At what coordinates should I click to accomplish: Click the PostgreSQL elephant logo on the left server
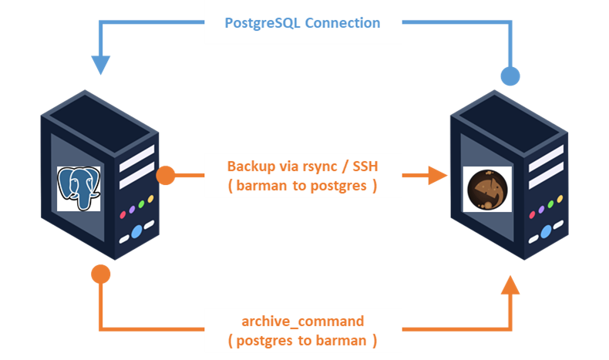(x=79, y=188)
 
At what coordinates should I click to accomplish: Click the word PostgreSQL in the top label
(x=263, y=22)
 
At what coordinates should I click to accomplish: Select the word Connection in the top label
(x=343, y=22)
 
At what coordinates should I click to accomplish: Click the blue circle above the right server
(x=510, y=76)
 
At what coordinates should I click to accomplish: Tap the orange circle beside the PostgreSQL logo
(x=166, y=176)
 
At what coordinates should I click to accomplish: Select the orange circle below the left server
(x=100, y=273)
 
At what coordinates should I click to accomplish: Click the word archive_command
(x=303, y=320)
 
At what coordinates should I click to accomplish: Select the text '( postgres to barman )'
(x=303, y=338)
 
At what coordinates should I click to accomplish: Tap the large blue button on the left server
(x=136, y=230)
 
